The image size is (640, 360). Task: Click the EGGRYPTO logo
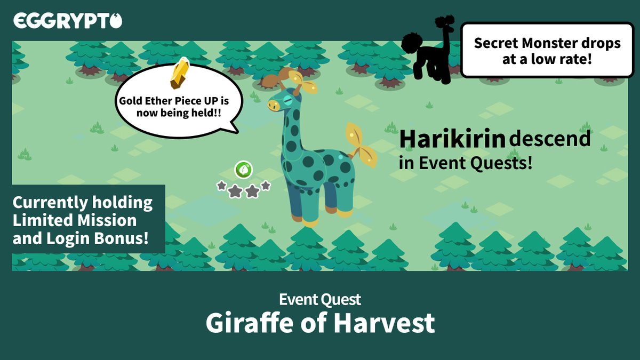(68, 21)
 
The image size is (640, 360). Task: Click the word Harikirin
(452, 139)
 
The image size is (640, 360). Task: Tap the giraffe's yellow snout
(274, 106)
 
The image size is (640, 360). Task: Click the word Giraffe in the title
(247, 323)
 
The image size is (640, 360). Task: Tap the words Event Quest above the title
(320, 299)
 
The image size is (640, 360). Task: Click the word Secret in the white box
(497, 43)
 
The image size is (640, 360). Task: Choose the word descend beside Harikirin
(550, 139)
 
